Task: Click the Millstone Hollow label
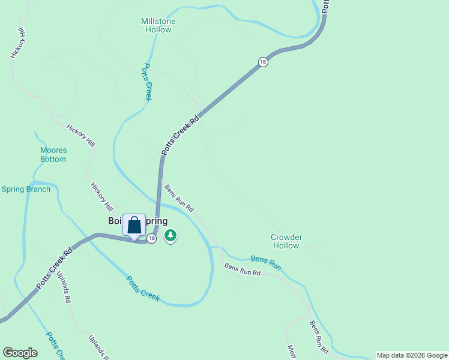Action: [x=158, y=25]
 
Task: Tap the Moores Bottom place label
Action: [x=53, y=155]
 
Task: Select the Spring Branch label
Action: [x=26, y=189]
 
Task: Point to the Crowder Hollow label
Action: [x=286, y=241]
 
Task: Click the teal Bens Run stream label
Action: [x=265, y=262]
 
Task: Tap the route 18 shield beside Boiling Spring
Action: [x=151, y=239]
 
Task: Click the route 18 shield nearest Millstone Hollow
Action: [x=262, y=62]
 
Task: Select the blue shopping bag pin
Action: [x=134, y=226]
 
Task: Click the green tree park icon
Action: [x=171, y=235]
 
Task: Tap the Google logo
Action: [x=20, y=353]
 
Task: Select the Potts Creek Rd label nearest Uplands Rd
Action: [x=54, y=268]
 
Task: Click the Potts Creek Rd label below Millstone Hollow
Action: [x=180, y=136]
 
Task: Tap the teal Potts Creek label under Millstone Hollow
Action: [x=146, y=82]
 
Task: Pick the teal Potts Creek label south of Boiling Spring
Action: [x=143, y=288]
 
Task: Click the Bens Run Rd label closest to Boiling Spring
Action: [x=179, y=198]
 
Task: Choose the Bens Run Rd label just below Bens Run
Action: [x=243, y=269]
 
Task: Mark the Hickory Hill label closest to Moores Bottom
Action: [x=80, y=136]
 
